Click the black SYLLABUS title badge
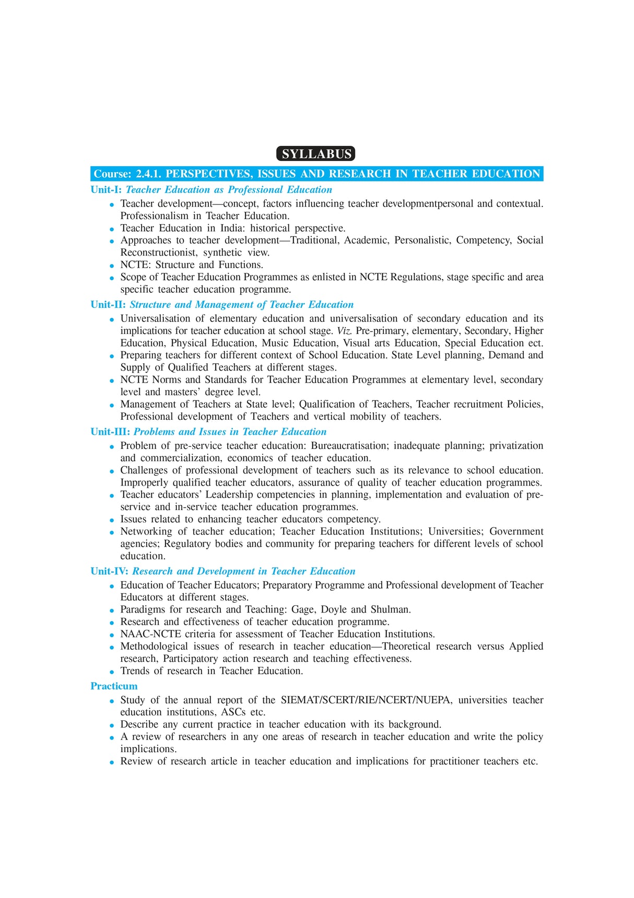(315, 154)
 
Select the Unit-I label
(106, 190)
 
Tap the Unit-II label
(108, 305)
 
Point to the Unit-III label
(110, 432)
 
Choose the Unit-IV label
(109, 571)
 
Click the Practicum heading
(114, 686)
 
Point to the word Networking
(146, 532)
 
